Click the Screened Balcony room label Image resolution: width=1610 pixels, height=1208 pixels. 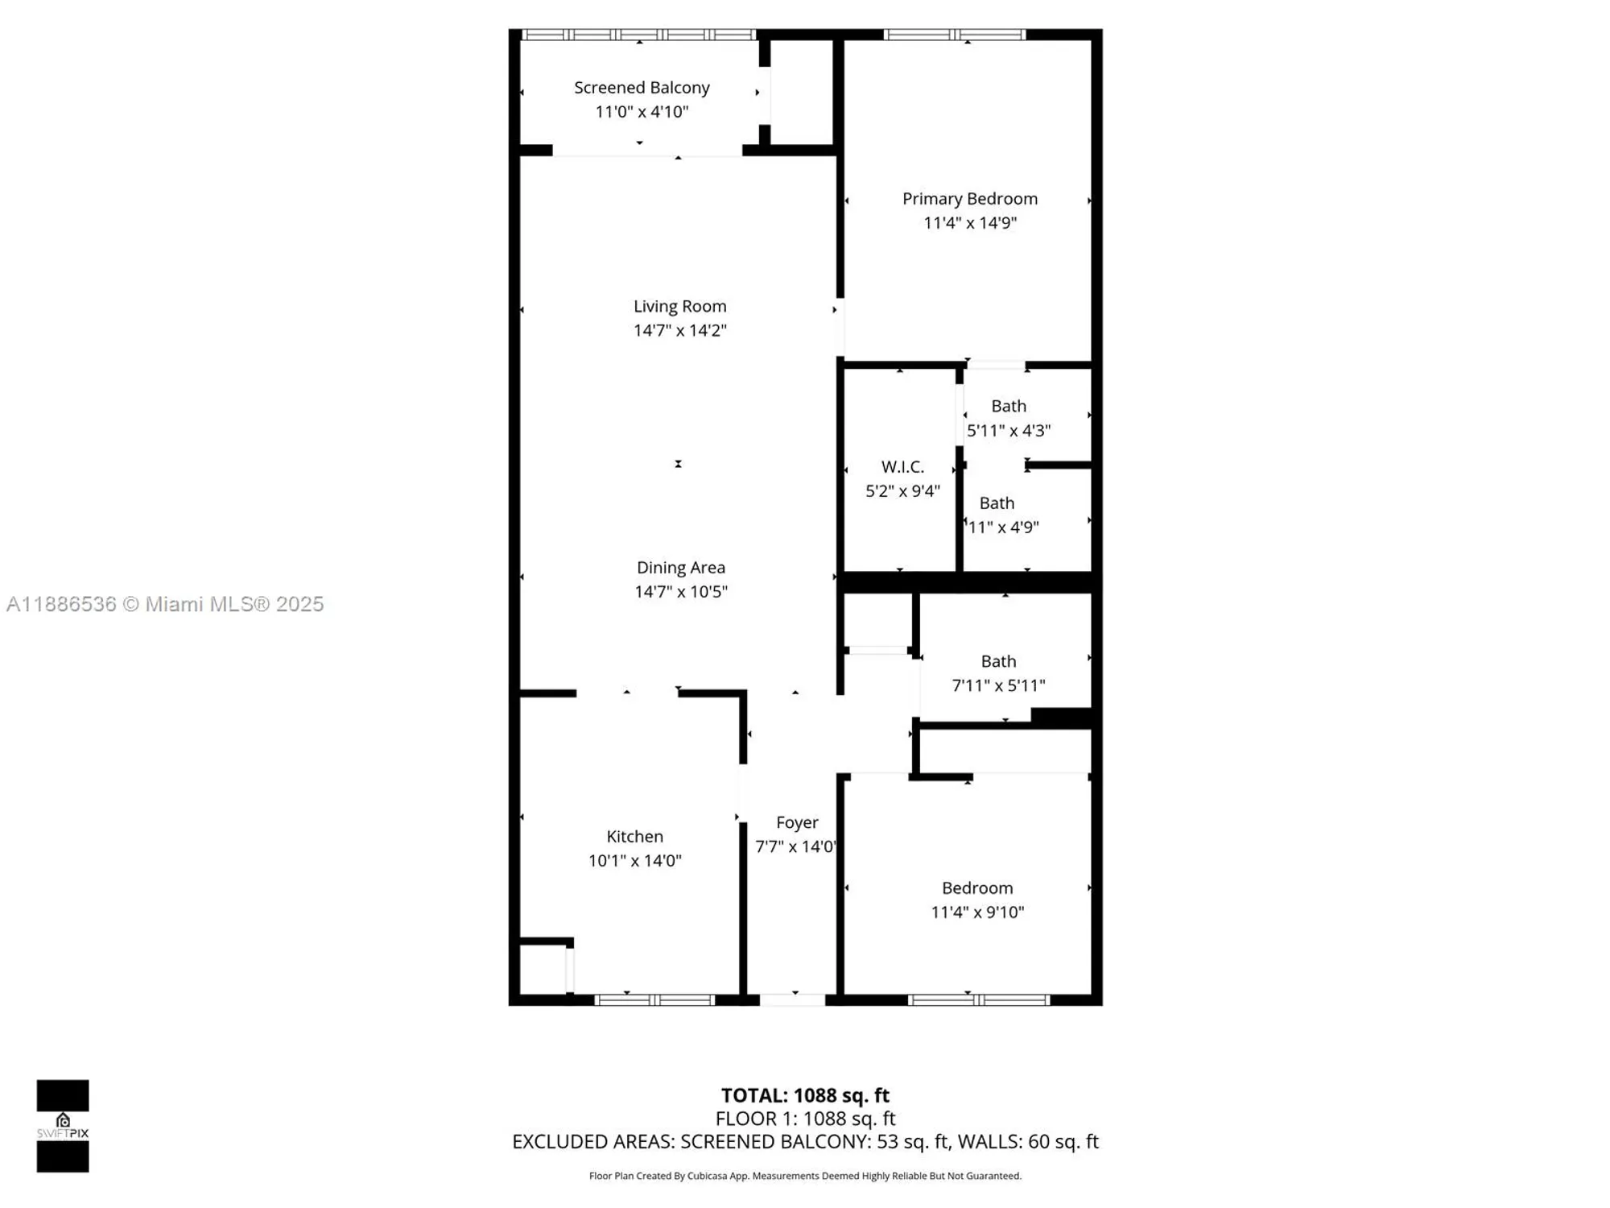(x=642, y=88)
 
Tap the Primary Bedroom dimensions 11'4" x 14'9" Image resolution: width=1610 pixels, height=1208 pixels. (x=970, y=223)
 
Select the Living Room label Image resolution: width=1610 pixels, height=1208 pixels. (x=679, y=306)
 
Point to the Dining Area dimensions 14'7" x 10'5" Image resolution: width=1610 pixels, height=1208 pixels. (x=680, y=592)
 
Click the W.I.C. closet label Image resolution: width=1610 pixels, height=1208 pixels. (x=902, y=467)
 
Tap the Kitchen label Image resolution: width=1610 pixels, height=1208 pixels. (x=634, y=837)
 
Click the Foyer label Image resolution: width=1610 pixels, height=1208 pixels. (x=797, y=822)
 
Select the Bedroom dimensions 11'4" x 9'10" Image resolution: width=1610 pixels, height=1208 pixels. (x=977, y=912)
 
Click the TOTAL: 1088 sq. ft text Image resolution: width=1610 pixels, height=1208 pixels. (x=805, y=1095)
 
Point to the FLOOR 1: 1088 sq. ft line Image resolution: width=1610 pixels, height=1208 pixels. (x=805, y=1119)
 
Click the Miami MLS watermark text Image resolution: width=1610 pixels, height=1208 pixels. (x=165, y=604)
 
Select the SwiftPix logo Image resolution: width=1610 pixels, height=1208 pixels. (x=63, y=1126)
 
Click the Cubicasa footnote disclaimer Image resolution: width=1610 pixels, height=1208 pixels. (x=805, y=1176)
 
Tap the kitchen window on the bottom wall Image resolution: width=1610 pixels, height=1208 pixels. (x=654, y=1000)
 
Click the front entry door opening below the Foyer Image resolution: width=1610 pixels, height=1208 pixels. (x=793, y=1000)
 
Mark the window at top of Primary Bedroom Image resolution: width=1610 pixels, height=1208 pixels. (x=955, y=35)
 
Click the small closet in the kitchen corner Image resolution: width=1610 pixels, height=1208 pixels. (x=543, y=970)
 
